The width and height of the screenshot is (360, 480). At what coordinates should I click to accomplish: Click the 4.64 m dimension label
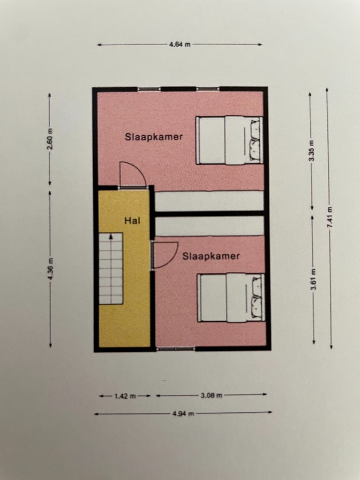[180, 44]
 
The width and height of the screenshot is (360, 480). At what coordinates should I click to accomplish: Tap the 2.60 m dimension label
[50, 139]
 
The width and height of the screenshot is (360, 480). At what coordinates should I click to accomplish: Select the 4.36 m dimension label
[51, 269]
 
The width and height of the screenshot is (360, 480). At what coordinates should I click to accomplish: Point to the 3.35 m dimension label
[311, 151]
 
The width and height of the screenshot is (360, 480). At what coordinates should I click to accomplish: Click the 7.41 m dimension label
[330, 217]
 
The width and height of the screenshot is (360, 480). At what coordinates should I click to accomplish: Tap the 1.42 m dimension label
[125, 396]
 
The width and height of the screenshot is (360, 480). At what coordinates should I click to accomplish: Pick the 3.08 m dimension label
[211, 396]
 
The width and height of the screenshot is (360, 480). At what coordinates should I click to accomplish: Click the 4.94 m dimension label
[183, 414]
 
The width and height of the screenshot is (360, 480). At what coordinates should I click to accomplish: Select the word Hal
[132, 220]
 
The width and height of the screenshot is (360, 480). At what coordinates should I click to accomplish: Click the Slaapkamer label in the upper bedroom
[154, 137]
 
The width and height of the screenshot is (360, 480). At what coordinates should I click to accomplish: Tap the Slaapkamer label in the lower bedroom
[211, 256]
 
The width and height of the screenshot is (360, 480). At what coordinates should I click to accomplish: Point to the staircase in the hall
[111, 269]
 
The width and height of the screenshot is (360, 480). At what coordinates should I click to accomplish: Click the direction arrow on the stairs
[111, 236]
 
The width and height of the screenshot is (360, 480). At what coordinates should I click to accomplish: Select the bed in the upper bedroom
[229, 140]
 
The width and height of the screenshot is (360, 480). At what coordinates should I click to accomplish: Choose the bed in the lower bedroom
[231, 298]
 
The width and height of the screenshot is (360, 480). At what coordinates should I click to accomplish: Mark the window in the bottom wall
[176, 348]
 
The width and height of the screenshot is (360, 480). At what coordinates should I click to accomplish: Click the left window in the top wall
[149, 89]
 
